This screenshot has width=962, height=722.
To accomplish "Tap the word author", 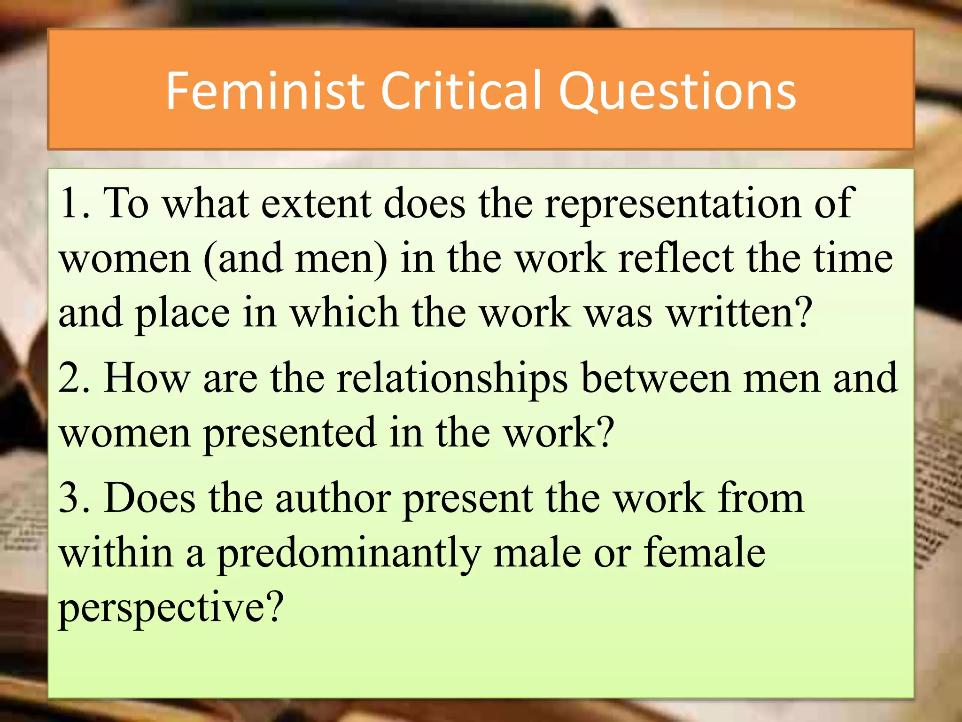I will [x=333, y=498].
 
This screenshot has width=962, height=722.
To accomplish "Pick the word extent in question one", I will [x=316, y=204].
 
